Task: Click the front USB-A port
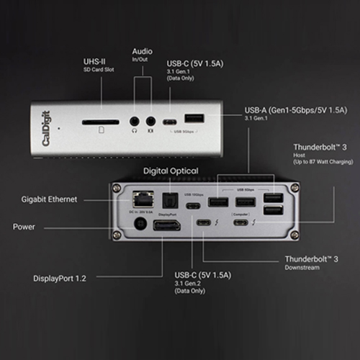[194, 120]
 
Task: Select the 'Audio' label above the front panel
[142, 52]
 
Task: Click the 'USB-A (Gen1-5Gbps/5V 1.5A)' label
[296, 110]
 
